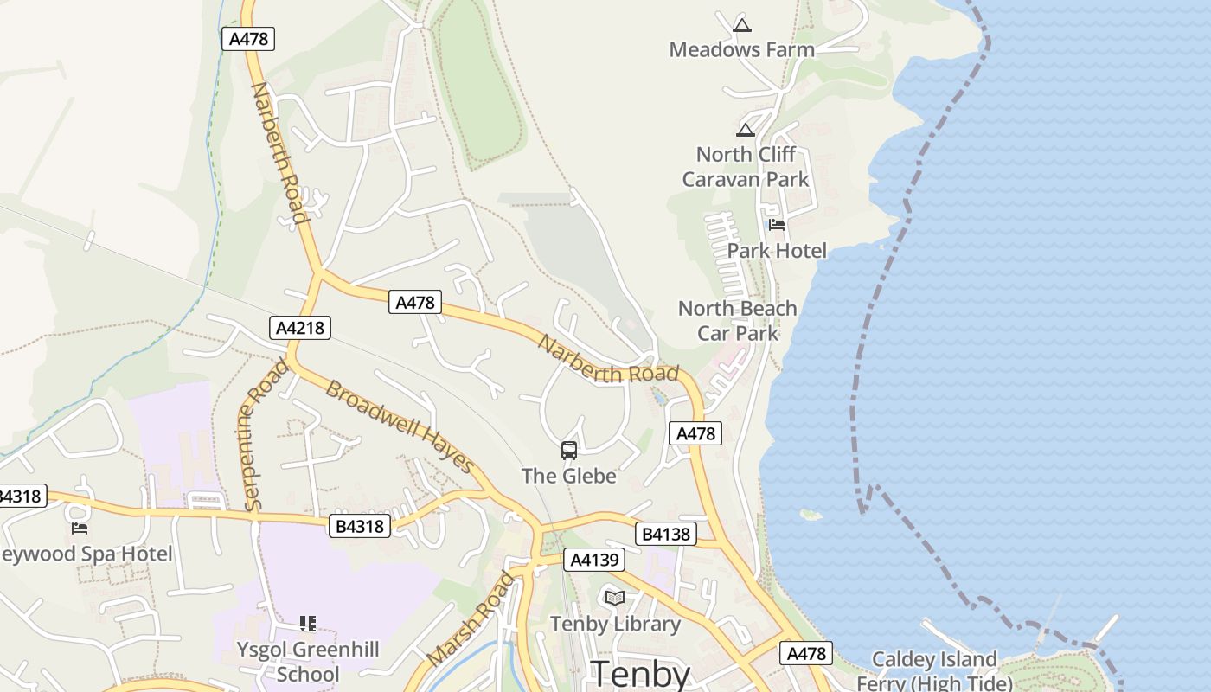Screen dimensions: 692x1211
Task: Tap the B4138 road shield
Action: click(x=665, y=534)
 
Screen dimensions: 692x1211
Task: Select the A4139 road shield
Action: click(x=594, y=560)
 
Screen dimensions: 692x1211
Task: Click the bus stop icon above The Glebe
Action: click(x=569, y=450)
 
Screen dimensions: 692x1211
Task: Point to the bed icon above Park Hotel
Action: click(x=776, y=225)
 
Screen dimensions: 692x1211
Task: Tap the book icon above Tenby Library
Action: click(x=615, y=598)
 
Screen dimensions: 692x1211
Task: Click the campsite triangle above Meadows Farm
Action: click(x=741, y=24)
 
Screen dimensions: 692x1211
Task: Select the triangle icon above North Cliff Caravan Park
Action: click(x=746, y=130)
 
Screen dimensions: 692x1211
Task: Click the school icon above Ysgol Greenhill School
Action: click(x=307, y=623)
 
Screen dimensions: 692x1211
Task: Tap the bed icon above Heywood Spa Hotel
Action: click(x=80, y=528)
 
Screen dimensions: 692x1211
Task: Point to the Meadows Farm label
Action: click(x=742, y=49)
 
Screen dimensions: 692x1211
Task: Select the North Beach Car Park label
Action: click(x=738, y=321)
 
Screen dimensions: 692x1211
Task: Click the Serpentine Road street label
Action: click(x=266, y=435)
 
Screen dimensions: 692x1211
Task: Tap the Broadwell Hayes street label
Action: click(x=400, y=427)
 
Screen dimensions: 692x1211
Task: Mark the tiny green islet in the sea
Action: click(x=811, y=515)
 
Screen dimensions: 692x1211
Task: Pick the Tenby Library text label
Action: click(x=615, y=624)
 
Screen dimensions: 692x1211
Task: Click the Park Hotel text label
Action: click(x=777, y=251)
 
